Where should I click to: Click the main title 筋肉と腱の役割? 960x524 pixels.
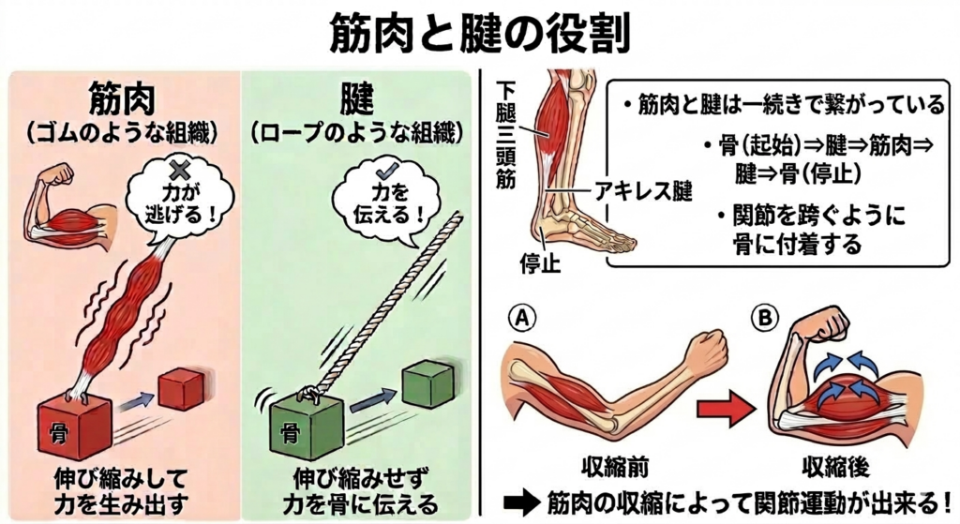point(479,34)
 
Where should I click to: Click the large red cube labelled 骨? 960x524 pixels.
point(75,426)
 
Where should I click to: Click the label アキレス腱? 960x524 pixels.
point(644,193)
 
